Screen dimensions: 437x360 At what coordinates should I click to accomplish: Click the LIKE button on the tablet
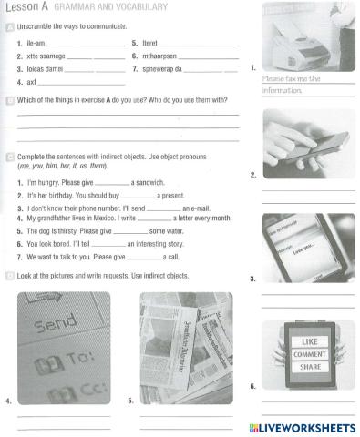tap(306, 341)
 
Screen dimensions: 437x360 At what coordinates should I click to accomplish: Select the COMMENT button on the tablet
tap(306, 354)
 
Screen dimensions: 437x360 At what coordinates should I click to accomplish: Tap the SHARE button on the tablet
tap(306, 367)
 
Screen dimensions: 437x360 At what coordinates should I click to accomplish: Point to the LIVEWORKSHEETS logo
tap(301, 428)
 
